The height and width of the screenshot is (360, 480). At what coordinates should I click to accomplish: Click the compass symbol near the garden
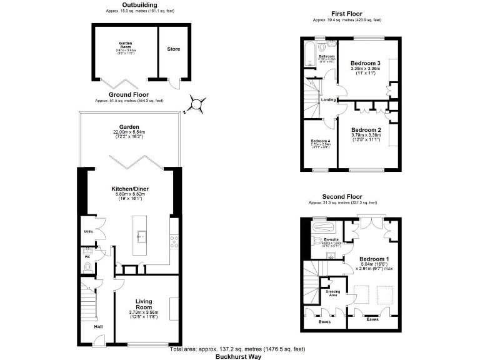[197, 104]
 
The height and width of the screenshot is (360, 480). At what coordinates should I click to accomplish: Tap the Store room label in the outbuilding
[173, 48]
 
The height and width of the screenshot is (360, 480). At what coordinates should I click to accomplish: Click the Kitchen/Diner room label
[129, 188]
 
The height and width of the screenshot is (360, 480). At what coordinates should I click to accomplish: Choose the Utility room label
[88, 232]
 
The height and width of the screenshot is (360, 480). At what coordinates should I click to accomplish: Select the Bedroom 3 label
[366, 63]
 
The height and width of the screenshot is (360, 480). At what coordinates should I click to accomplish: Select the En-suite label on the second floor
[331, 239]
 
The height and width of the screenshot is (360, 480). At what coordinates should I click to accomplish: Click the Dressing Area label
[333, 292]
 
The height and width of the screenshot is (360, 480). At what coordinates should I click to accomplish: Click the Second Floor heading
[342, 196]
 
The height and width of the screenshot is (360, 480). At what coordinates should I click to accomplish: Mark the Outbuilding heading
[131, 4]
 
